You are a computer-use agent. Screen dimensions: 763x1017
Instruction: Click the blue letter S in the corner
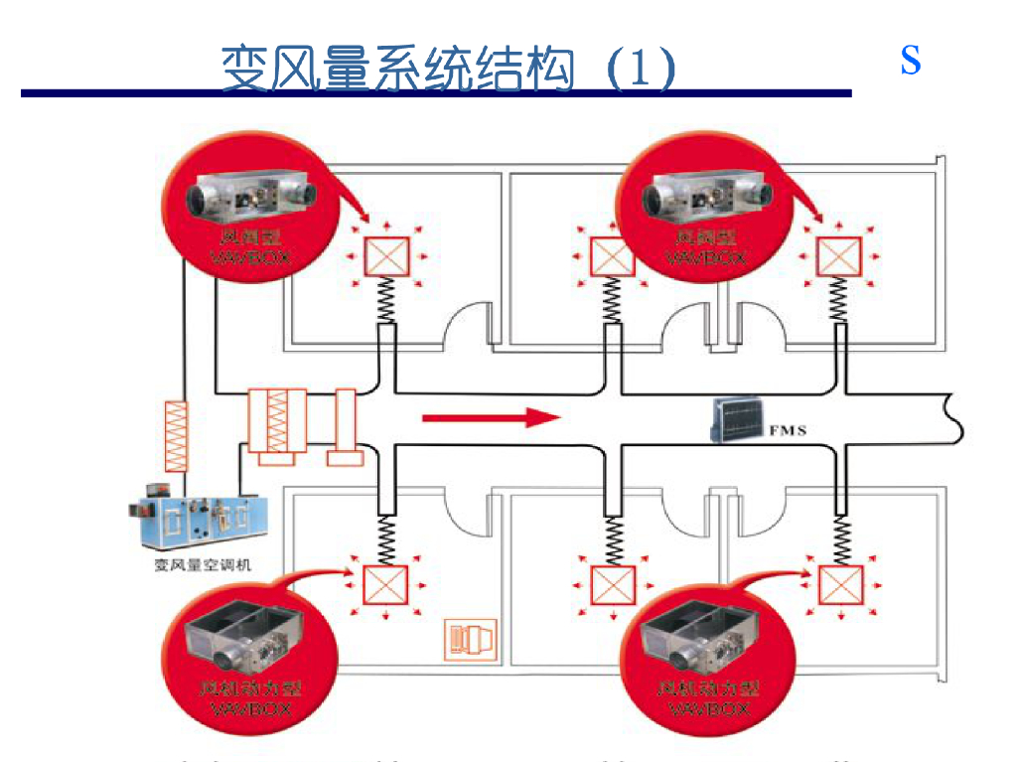(x=911, y=62)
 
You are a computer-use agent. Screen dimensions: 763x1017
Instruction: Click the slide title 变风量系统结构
(x=397, y=68)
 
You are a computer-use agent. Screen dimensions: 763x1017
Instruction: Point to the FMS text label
(x=789, y=430)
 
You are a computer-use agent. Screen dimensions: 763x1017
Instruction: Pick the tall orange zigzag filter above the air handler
(x=176, y=435)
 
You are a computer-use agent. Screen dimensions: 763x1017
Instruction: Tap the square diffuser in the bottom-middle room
(x=612, y=584)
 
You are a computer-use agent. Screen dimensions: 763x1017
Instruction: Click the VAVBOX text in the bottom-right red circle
(x=708, y=708)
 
